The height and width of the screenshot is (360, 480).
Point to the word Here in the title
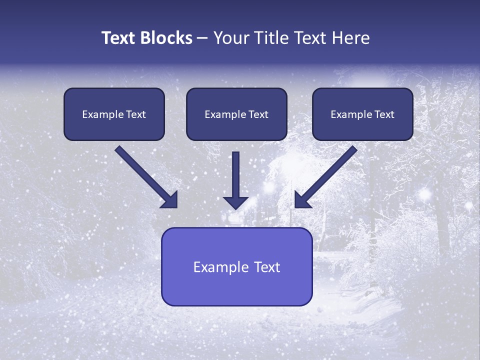pos(349,38)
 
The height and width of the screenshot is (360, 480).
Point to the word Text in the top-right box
pos(384,114)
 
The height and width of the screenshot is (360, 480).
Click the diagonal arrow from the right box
pos(327,175)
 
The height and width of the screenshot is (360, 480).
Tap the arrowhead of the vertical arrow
pos(235,203)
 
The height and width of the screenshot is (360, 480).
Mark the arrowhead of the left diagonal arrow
pos(170,200)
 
